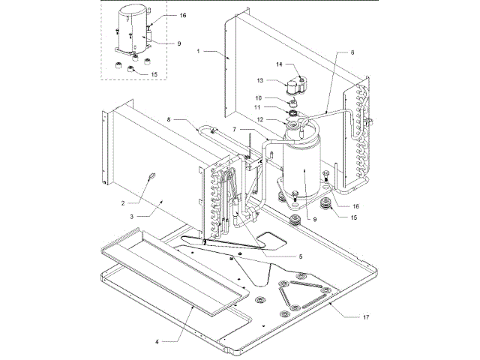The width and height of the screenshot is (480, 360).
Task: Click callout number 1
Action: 199,51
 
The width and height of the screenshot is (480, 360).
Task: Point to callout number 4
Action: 157,341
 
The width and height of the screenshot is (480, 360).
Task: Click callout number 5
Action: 301,256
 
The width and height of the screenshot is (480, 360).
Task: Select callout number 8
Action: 169,118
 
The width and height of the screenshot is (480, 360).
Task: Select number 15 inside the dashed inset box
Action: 154,74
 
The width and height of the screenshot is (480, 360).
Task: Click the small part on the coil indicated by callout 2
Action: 150,178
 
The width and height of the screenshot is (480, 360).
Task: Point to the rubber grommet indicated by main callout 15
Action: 325,205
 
